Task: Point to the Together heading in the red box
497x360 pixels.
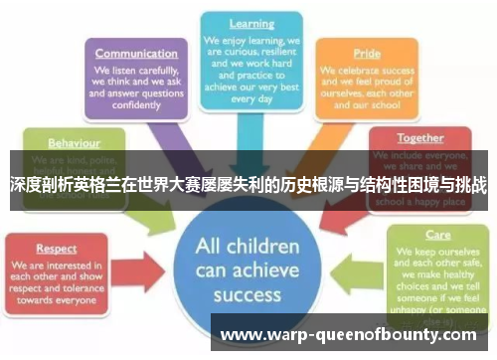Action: [420, 138]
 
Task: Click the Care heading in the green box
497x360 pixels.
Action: [437, 236]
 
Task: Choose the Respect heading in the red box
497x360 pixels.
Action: [57, 248]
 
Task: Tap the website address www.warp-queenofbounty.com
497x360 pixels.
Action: [351, 333]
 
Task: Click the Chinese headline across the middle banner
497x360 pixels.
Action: [248, 185]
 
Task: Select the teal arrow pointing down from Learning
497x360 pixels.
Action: [252, 134]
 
